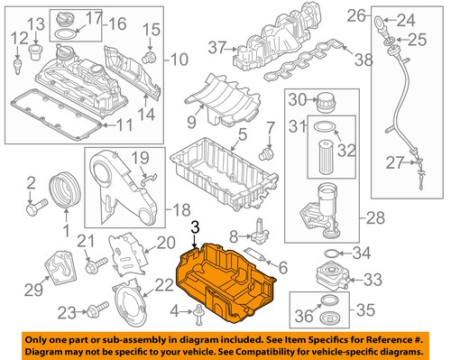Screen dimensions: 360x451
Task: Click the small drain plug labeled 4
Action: pos(196,313)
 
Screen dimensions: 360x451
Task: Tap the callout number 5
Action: pos(241,137)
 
